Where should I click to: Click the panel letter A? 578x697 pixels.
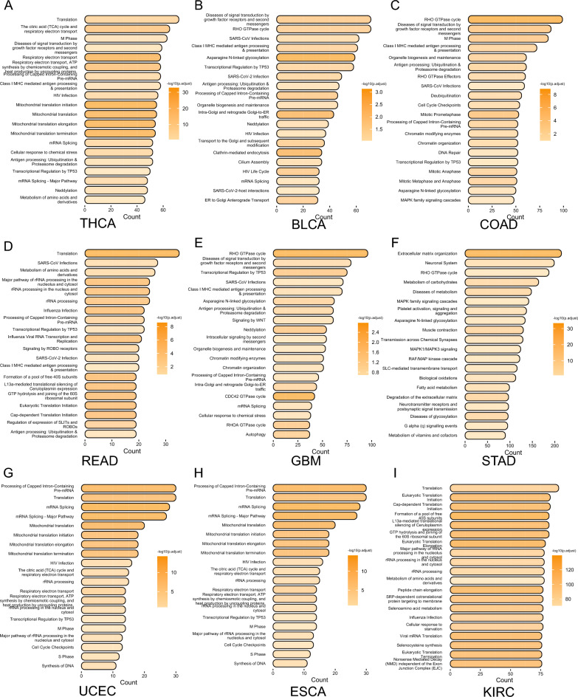[x=7, y=6]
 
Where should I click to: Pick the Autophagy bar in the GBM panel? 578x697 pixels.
[x=296, y=436]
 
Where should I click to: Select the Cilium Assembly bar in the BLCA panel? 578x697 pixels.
[x=303, y=160]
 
